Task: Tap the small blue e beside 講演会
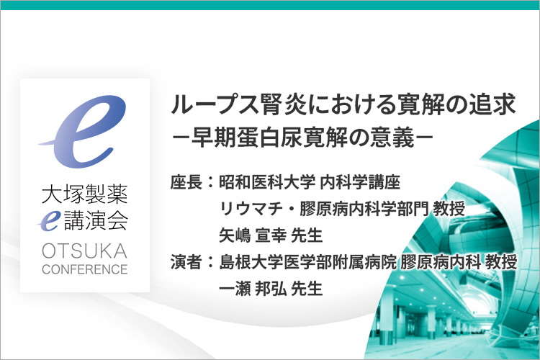point(49,220)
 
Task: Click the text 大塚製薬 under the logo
point(85,194)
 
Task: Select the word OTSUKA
point(85,251)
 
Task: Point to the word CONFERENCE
point(85,269)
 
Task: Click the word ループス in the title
point(215,104)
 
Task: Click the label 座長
point(186,182)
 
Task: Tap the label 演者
point(186,262)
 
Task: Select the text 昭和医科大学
point(267,182)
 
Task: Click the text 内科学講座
point(360,182)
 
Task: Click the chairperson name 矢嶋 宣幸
point(253,235)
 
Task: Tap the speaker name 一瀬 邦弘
point(253,288)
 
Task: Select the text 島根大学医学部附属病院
point(308,262)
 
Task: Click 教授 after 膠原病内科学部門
point(449,209)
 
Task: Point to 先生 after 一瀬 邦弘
point(307,288)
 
